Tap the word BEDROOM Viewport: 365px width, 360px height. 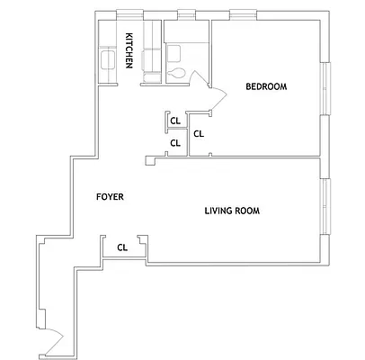[266, 86]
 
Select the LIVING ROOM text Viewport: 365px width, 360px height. [232, 211]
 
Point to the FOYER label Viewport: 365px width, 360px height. [110, 196]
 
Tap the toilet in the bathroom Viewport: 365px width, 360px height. [177, 72]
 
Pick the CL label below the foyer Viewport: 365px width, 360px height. [121, 246]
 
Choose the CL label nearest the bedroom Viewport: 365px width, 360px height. [199, 134]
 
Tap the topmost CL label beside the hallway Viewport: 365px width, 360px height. [176, 120]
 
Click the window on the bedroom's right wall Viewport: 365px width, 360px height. [326, 88]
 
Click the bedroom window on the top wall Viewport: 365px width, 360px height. [242, 13]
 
